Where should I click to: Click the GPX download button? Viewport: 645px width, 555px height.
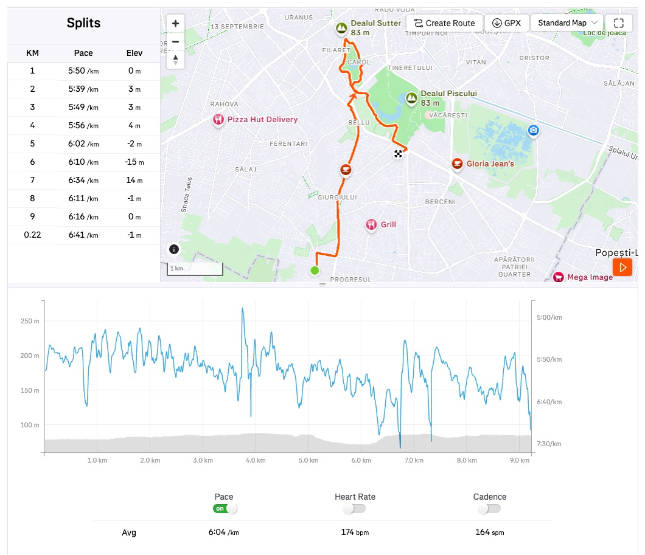click(x=506, y=23)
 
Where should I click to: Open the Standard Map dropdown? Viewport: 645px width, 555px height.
click(x=567, y=23)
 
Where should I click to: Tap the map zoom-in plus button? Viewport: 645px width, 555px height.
click(x=175, y=24)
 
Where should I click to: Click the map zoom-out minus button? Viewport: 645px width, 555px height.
click(x=175, y=41)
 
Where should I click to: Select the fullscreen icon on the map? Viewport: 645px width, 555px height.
click(x=619, y=23)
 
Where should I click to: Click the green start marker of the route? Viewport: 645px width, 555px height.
click(x=315, y=271)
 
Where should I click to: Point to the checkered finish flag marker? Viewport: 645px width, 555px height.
click(x=398, y=154)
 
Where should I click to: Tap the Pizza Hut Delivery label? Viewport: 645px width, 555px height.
click(x=262, y=120)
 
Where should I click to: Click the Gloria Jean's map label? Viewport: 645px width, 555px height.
click(x=490, y=164)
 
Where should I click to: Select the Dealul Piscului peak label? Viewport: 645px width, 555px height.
click(x=448, y=94)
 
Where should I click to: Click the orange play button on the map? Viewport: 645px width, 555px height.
click(x=622, y=267)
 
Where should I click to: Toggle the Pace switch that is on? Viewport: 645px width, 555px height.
click(x=225, y=509)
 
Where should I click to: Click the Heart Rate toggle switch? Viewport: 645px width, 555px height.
click(x=354, y=509)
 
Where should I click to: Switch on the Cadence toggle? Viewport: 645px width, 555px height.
click(x=489, y=509)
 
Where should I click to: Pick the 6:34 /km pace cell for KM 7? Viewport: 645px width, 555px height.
click(x=83, y=181)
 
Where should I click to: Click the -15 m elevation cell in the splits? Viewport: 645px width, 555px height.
click(x=134, y=162)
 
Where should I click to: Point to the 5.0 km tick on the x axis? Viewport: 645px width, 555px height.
click(x=309, y=461)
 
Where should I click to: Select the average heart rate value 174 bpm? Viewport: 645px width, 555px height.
click(x=355, y=533)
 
